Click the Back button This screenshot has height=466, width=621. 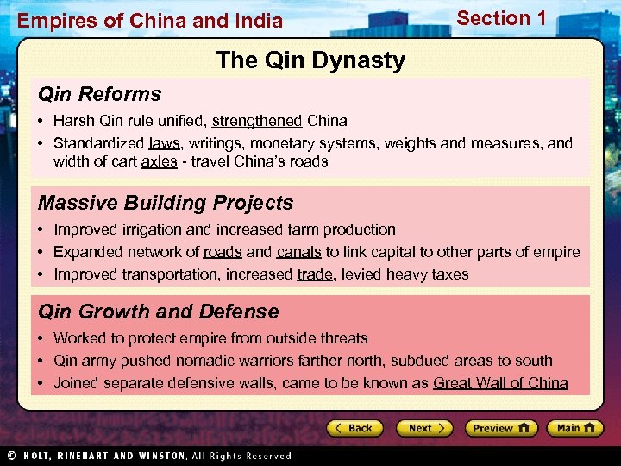[x=354, y=428]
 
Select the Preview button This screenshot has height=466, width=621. [x=501, y=428]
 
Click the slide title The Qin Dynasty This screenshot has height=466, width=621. [x=310, y=60]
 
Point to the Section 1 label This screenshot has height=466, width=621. [x=501, y=18]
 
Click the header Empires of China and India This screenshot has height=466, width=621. [x=150, y=20]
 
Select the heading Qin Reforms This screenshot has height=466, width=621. [x=99, y=94]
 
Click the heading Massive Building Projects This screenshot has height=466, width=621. [x=166, y=203]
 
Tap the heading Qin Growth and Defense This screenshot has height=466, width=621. [x=158, y=312]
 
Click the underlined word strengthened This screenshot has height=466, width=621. [x=256, y=121]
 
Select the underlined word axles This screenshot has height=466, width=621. [x=158, y=161]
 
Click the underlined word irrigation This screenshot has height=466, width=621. [x=152, y=230]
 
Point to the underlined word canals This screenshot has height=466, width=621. [x=298, y=252]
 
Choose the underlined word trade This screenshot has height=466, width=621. [x=314, y=274]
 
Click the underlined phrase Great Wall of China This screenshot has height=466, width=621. [x=500, y=383]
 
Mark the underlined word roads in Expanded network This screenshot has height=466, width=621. [x=223, y=252]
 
